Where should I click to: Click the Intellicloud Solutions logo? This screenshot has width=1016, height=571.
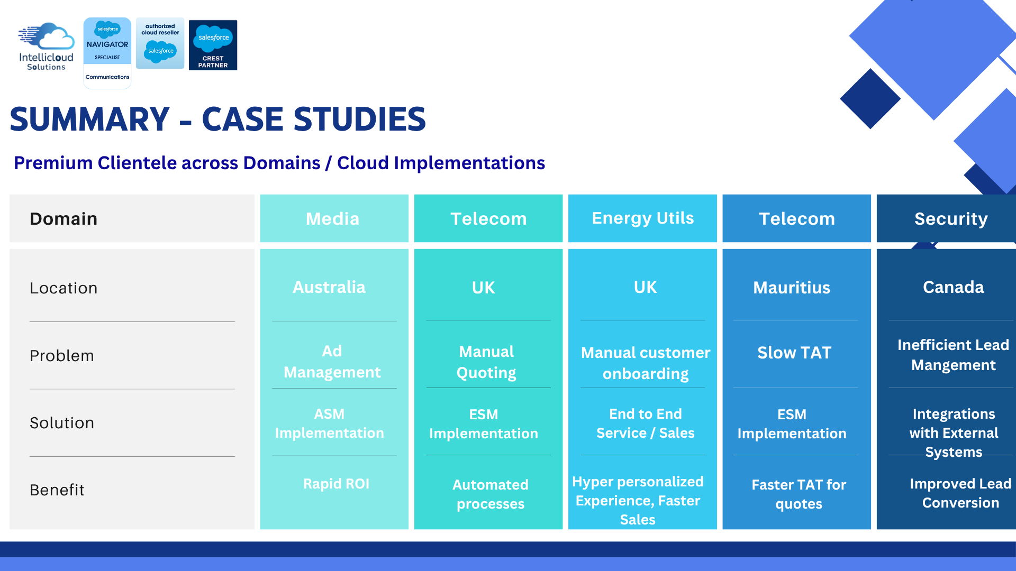point(47,47)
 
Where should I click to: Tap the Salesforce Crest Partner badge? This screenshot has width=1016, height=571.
point(213,45)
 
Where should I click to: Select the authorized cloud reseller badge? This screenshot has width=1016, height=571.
point(160,43)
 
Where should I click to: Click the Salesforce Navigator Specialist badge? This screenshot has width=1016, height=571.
point(107,53)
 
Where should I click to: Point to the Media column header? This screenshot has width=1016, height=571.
point(333,219)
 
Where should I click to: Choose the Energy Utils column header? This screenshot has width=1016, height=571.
point(643,218)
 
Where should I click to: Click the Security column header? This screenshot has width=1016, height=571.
point(951,219)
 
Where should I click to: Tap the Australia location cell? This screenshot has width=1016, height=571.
point(329,287)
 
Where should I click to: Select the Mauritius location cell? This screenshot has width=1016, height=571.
point(792,288)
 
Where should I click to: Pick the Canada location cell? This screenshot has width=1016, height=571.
point(954,287)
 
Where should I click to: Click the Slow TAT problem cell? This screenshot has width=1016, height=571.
point(794,353)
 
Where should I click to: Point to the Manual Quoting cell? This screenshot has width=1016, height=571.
point(486,362)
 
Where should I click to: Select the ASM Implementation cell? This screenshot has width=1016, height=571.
point(329,423)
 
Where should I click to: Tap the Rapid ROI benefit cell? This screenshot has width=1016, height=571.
point(337,484)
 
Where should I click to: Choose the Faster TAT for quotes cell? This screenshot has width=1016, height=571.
point(799,494)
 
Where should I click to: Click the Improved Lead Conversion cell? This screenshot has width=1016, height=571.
point(960,493)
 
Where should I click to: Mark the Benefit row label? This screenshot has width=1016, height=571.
point(57,490)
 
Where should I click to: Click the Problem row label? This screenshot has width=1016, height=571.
point(62,356)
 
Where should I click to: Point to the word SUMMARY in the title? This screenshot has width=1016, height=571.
point(89,119)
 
